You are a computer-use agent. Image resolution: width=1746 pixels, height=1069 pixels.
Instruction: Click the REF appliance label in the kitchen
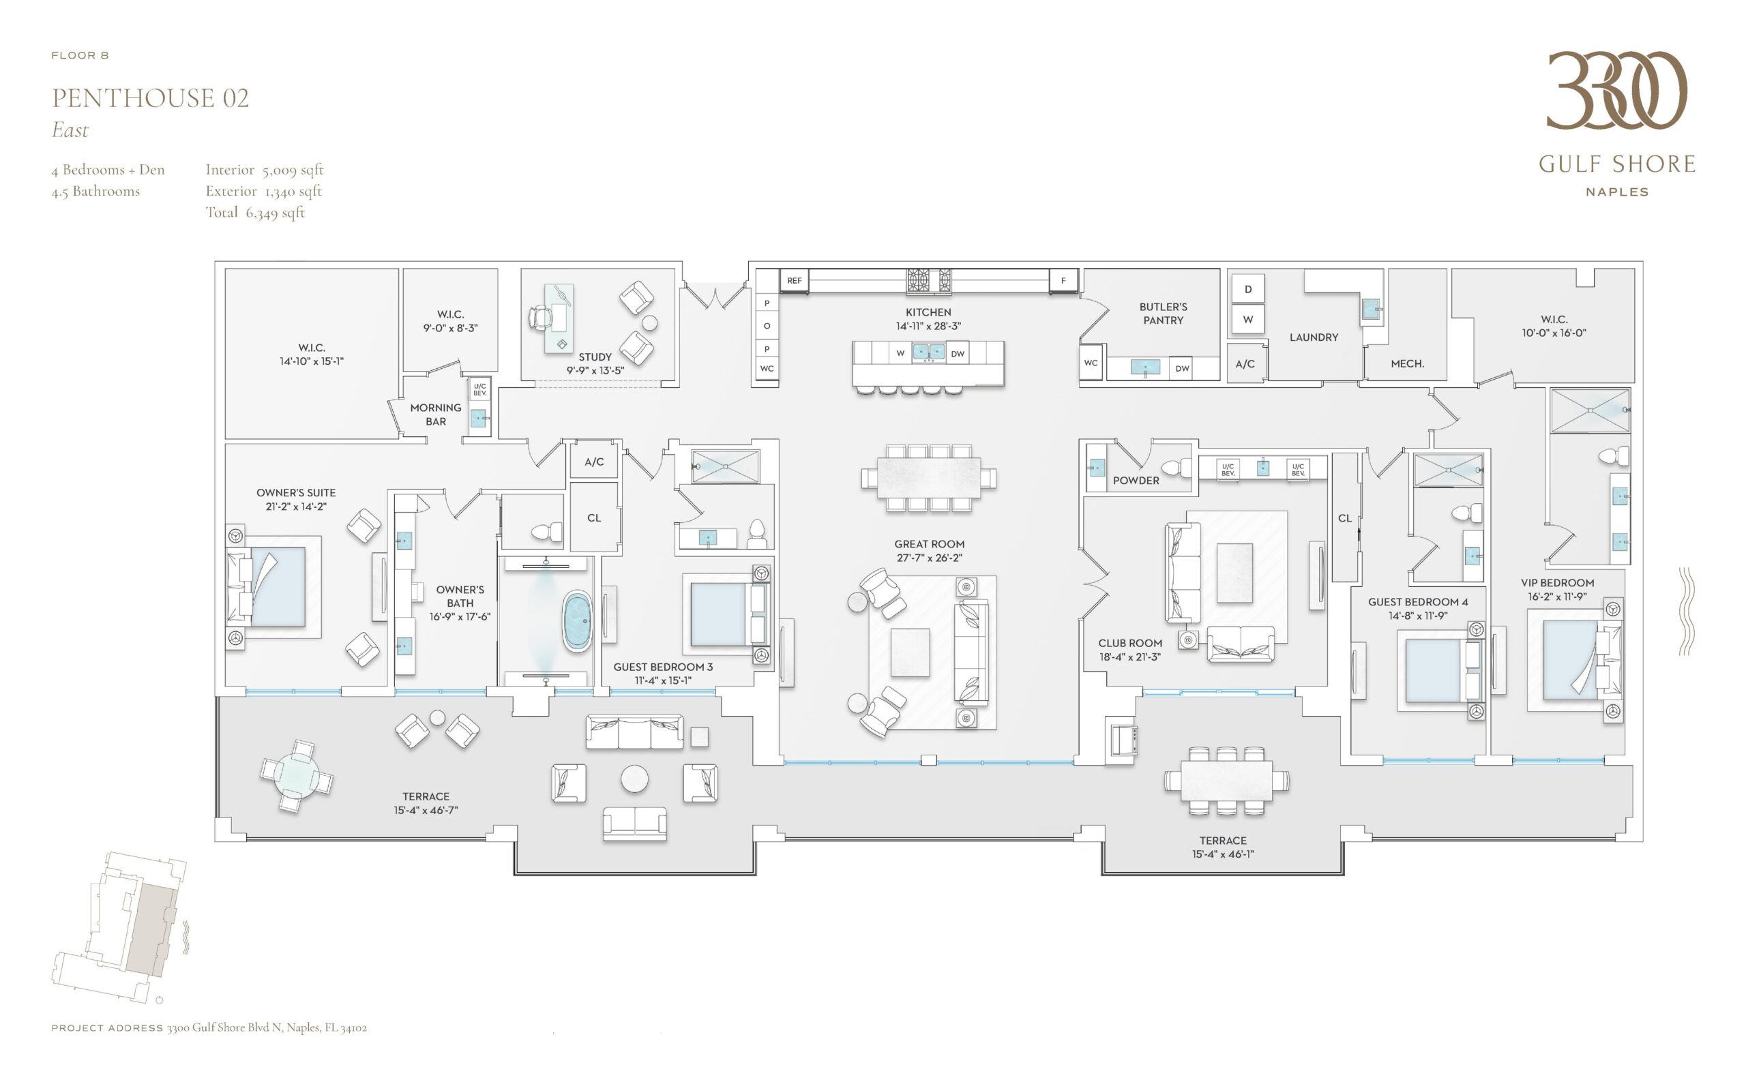794,280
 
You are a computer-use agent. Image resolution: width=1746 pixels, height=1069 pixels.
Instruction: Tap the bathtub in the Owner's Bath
578,622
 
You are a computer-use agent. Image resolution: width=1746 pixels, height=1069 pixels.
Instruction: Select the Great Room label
929,544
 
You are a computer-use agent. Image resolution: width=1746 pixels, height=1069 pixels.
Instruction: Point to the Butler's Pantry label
1163,313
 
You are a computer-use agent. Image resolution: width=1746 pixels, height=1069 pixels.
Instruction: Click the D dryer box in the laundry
1248,289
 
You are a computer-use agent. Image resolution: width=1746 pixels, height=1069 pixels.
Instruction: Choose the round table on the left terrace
297,776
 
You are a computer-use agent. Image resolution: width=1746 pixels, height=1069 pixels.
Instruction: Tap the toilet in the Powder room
1176,468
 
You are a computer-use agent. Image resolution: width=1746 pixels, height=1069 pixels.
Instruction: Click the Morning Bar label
435,415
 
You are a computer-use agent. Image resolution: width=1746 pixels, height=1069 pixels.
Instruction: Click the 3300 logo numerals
1616,90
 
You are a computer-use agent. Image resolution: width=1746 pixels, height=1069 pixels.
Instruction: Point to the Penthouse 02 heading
150,97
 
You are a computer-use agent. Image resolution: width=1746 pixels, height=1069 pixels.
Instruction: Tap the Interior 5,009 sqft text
265,169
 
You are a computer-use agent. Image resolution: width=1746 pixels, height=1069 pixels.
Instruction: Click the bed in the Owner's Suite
267,586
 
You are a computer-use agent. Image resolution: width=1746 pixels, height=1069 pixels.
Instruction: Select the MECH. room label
1407,363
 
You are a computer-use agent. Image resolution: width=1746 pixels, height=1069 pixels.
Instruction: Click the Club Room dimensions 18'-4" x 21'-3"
1129,657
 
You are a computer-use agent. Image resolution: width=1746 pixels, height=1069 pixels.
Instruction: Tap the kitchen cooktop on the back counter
929,280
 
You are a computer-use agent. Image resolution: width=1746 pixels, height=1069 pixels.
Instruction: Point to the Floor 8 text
80,55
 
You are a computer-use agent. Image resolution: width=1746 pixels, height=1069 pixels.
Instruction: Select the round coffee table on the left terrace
634,779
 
